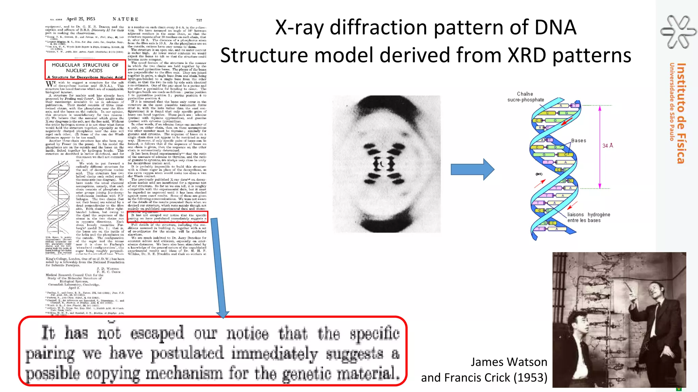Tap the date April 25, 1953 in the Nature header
(81, 19)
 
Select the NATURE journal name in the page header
(125, 19)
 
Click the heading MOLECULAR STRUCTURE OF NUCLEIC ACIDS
(85, 68)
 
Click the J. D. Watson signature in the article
(108, 268)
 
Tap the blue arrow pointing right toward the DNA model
(472, 169)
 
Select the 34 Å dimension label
(607, 146)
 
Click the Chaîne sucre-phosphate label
(525, 97)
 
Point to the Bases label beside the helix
(578, 141)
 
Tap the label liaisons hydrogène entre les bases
(588, 217)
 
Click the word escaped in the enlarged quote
(157, 333)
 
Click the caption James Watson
(509, 362)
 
